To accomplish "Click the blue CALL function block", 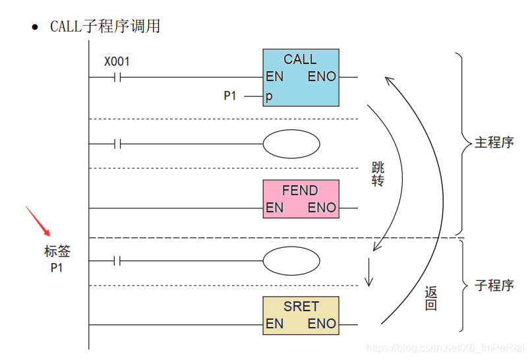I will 301,77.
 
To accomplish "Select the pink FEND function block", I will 301,198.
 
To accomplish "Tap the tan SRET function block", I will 301,315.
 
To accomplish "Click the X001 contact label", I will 117,62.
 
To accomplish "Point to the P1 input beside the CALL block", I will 229,96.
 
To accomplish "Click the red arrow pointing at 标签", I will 38,221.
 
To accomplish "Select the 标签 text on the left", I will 57,251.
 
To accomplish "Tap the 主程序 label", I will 494,142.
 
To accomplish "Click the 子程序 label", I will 494,285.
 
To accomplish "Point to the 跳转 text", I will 378,174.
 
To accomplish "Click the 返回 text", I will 430,299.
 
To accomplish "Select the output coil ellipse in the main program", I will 291,144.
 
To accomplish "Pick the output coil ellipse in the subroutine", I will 291,261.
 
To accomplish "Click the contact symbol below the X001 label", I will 117,77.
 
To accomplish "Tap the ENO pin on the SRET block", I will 322,324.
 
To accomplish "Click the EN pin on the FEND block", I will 274,208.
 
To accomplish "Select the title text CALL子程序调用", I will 105,26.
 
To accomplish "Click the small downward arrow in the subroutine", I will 369,271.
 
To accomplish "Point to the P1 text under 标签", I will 57,268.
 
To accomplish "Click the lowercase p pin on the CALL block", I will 269,97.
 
